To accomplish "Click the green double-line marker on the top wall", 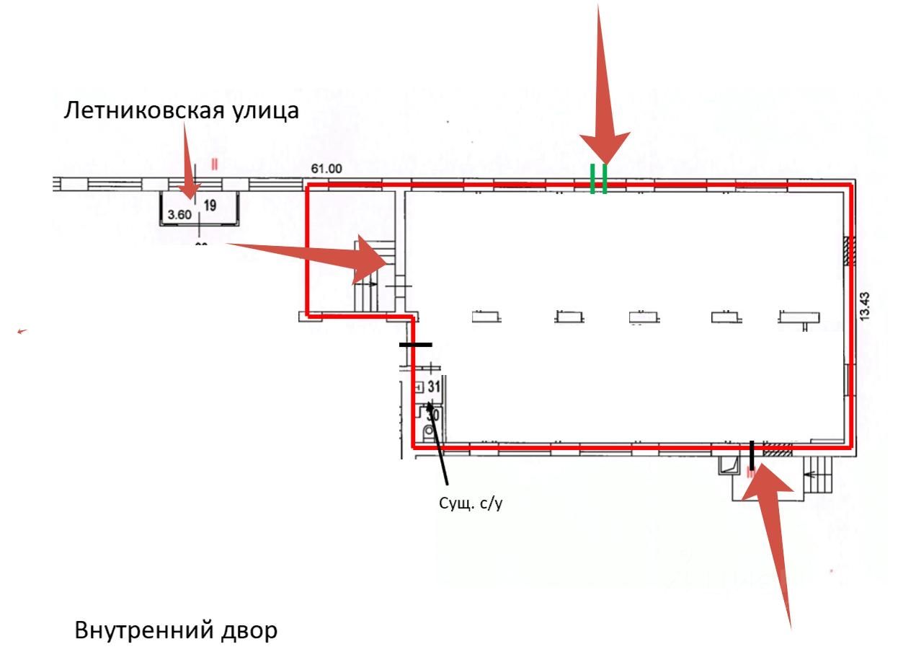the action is pyautogui.click(x=598, y=179).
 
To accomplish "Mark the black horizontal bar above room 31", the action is pyautogui.click(x=416, y=345).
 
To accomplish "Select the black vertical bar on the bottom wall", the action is pyautogui.click(x=751, y=455).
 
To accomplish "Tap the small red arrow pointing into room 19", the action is pyautogui.click(x=190, y=162).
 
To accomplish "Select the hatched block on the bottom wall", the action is pyautogui.click(x=778, y=449).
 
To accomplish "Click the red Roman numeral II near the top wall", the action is pyautogui.click(x=214, y=164).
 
